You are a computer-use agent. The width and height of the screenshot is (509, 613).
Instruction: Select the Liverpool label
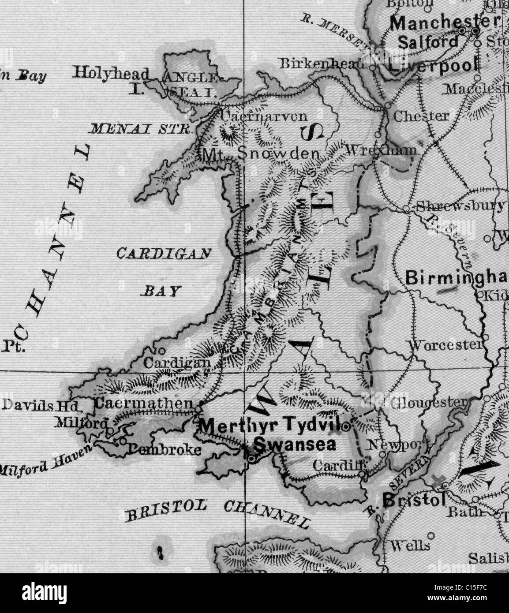433,65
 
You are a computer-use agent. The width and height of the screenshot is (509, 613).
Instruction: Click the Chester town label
421,116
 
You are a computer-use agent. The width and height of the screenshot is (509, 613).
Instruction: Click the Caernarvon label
263,117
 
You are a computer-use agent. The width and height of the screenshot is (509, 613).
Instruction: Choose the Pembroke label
165,450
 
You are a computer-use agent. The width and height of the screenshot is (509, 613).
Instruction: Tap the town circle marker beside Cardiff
362,475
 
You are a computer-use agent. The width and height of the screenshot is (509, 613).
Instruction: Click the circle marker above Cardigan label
161,351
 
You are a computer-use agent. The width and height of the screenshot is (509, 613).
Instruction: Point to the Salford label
428,42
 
